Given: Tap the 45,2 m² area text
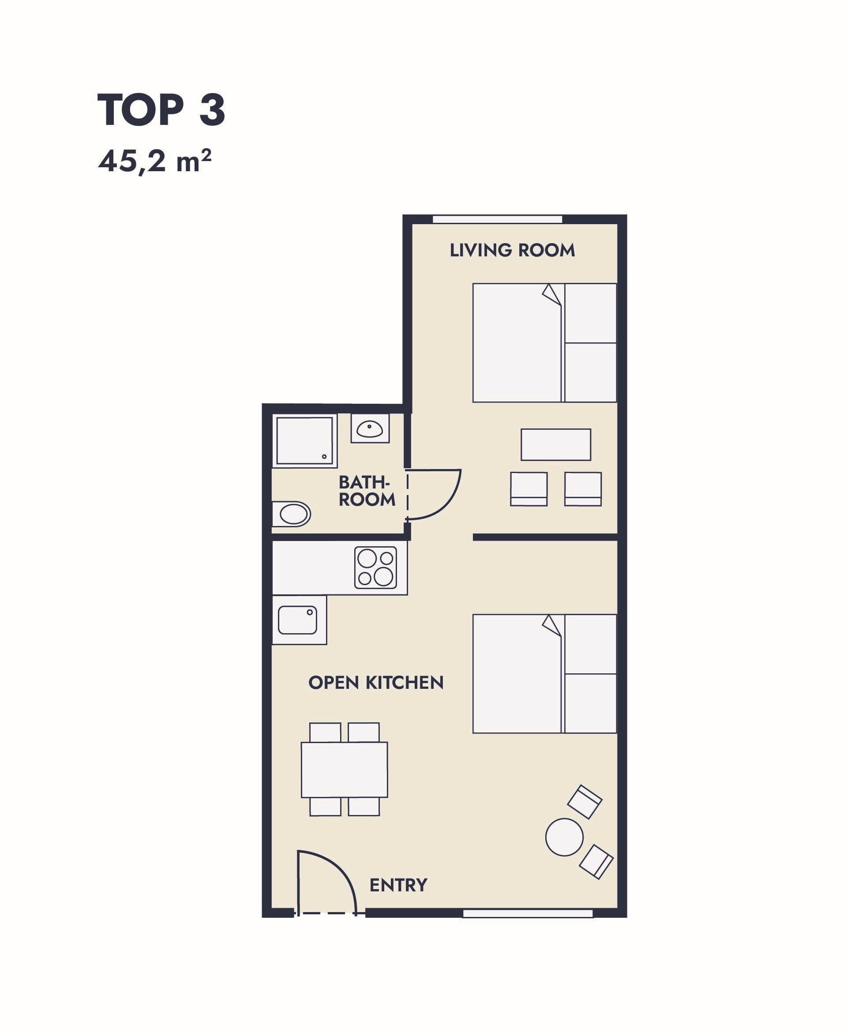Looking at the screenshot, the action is pos(155,162).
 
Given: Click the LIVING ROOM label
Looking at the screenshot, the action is pos(512,250).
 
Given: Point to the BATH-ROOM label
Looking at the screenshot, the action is pos(367,491).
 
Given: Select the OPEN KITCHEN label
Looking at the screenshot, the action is pos(376,683).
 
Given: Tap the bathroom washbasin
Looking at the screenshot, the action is pos(369,429).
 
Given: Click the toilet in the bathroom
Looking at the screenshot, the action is pos(291,514).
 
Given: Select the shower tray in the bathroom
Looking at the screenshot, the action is pos(305,441).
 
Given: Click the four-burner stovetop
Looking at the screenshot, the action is pos(376,567).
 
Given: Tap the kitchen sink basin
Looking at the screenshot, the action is pos(298,620).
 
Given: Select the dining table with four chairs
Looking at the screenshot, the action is pos(345,770).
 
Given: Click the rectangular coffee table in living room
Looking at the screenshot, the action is pos(556,444).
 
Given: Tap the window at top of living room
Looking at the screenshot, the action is pos(498,219).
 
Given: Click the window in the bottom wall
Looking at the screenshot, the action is pos(528,913).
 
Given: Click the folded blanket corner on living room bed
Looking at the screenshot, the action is pos(552,294).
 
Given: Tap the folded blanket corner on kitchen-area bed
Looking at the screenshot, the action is pos(552,625).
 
